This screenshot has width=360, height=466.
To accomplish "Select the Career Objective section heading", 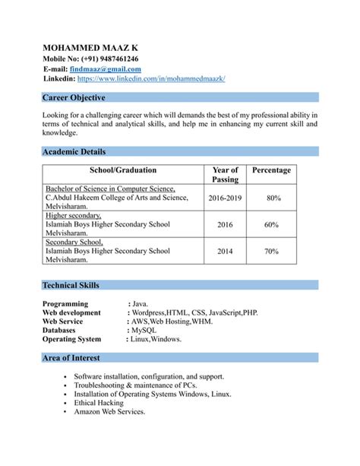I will pos(74,98).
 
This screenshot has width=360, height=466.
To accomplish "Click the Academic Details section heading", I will pos(74,151).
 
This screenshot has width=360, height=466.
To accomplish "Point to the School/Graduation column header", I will pos(122,170).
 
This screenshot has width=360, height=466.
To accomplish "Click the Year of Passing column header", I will pos(225,175).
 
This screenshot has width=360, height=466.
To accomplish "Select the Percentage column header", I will pos(271,170).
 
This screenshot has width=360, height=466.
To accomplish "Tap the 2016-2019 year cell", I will pos(225,198).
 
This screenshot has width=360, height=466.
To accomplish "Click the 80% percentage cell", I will pos(273,198).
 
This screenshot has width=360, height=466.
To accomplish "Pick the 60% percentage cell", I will pos(271,225).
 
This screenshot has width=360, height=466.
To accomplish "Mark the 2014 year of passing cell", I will pos(225,251).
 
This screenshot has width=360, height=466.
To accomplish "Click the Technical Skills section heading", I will pos(71,285).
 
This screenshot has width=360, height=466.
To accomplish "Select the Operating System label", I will pos(72,339).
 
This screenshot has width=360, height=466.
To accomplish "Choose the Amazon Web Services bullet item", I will pos(109,412).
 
